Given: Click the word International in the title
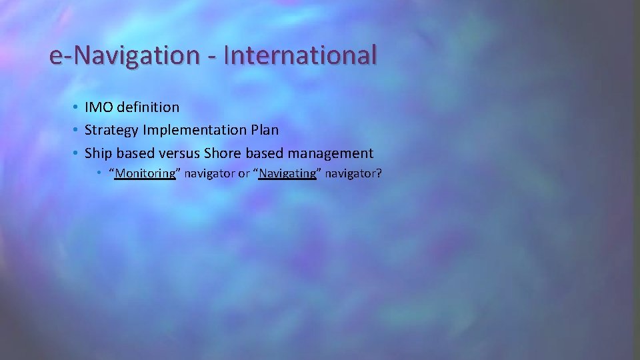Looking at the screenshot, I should click(x=300, y=55).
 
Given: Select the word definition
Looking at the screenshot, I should click(x=148, y=107).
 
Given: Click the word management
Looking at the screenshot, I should click(x=331, y=153).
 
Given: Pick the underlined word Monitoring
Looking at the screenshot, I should click(x=145, y=173).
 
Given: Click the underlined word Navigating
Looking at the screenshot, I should click(x=287, y=173).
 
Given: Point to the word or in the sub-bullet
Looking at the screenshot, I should click(x=244, y=173).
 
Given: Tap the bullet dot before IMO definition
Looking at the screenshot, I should click(x=77, y=107).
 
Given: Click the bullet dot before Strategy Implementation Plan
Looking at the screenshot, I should click(x=77, y=130).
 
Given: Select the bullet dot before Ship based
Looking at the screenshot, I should click(x=77, y=153).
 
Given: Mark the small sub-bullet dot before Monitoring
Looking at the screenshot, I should click(x=98, y=173).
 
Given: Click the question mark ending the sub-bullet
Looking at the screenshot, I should click(x=379, y=173).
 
